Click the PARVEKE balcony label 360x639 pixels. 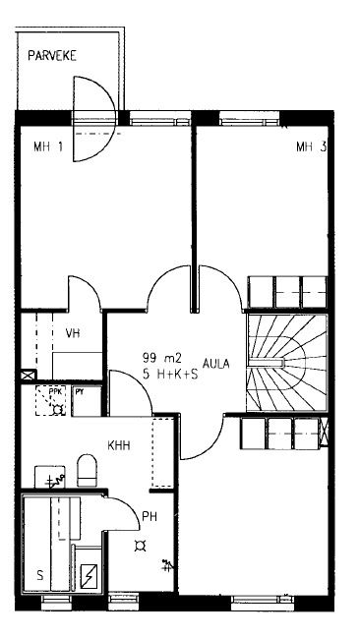[52, 56]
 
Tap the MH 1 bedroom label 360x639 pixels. [48, 146]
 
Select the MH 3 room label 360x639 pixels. [311, 146]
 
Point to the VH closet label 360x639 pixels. [73, 333]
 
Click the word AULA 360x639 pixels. [216, 364]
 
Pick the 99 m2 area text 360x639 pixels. [162, 358]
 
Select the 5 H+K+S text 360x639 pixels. [170, 375]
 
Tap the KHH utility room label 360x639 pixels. [119, 445]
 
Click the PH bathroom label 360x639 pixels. [150, 517]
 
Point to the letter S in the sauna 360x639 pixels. [39, 575]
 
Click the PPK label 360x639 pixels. [54, 391]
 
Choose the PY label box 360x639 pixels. [87, 400]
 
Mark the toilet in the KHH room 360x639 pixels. [87, 470]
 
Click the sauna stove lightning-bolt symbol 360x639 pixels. [89, 576]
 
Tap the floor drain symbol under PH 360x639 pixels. [141, 546]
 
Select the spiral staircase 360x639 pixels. [286, 363]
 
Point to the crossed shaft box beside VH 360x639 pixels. [29, 375]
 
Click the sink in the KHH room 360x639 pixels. [50, 477]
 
